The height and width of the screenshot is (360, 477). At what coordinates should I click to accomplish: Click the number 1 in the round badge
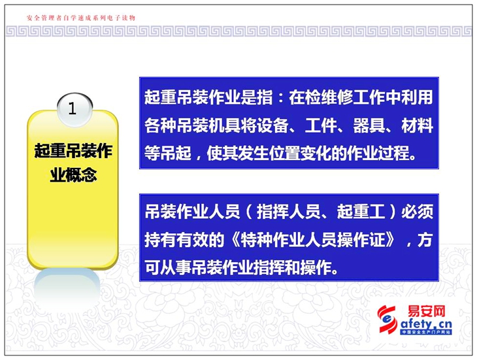click(72, 108)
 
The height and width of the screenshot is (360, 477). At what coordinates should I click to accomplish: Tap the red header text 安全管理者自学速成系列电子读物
click(81, 18)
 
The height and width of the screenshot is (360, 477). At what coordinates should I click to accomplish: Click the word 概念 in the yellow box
click(81, 174)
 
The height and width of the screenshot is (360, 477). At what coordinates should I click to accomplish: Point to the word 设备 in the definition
click(272, 125)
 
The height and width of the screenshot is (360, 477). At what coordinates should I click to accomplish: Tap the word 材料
click(417, 125)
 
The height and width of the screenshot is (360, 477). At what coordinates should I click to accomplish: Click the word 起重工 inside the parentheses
click(361, 212)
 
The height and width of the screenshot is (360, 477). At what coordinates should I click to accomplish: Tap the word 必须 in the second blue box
click(417, 212)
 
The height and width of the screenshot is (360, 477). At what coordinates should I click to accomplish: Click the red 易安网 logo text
click(427, 312)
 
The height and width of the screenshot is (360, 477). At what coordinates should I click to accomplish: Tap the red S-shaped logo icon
click(387, 319)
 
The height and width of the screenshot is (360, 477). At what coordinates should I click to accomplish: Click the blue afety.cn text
click(426, 324)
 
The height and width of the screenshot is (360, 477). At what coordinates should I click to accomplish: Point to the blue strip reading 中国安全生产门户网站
click(426, 332)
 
